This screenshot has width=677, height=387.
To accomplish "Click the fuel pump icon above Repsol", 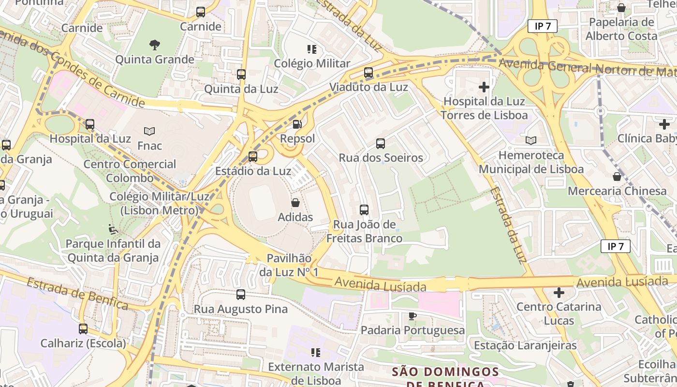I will point(297,124).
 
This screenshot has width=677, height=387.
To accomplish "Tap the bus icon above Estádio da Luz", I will point(253,156).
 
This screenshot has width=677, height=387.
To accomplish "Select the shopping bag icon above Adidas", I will point(295,203).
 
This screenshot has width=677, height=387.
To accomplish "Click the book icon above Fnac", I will point(149,131).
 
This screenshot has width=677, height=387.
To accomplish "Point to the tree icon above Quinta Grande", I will point(154,45).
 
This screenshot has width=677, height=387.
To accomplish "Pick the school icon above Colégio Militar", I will point(312,49).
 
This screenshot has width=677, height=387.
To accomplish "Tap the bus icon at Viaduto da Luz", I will point(368,73).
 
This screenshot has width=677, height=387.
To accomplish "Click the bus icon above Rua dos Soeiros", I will point(381,143).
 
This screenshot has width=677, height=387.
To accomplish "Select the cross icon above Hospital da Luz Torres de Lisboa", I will point(484,87).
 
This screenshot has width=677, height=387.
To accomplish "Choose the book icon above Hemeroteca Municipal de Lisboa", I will point(531,141).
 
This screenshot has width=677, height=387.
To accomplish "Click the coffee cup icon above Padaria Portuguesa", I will point(412,316).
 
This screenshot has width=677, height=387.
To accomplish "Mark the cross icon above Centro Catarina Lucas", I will point(559,292).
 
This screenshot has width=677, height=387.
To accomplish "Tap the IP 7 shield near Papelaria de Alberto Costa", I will point(543,26).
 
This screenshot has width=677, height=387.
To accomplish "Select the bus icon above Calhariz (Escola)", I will point(83,329).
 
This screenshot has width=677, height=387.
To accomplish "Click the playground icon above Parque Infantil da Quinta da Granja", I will point(113,229).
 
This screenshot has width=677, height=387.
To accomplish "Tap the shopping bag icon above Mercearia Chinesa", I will point(617,177).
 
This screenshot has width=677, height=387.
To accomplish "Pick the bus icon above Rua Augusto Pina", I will point(241,294).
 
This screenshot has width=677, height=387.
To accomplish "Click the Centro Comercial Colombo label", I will point(130,171).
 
